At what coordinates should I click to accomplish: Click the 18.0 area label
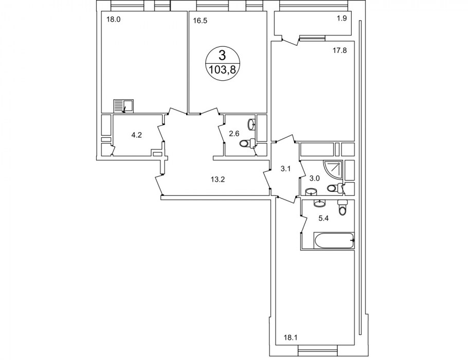[x=113, y=20]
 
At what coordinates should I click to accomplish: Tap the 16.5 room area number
[x=200, y=21]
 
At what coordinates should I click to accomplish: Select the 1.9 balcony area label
[x=342, y=19]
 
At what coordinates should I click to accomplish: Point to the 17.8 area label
[x=339, y=50]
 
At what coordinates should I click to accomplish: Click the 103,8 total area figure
[x=222, y=70]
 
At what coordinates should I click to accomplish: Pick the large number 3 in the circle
[x=222, y=55]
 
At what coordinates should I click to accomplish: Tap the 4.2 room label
[x=136, y=135]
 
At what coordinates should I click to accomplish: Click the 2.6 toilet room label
[x=234, y=133]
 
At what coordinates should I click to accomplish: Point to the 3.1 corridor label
[x=285, y=169]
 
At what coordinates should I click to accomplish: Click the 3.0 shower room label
[x=315, y=178]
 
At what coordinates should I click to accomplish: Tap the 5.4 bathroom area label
[x=323, y=218]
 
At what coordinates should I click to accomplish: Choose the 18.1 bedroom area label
[x=291, y=338]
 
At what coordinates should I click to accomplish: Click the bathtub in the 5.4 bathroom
[x=334, y=240]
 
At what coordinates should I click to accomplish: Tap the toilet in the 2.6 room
[x=247, y=143]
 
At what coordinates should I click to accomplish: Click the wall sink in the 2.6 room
[x=251, y=124]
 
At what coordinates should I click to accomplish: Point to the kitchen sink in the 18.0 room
[x=123, y=106]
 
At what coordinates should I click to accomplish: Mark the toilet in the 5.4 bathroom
[x=343, y=207]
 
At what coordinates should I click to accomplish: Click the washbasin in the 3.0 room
[x=312, y=191]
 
